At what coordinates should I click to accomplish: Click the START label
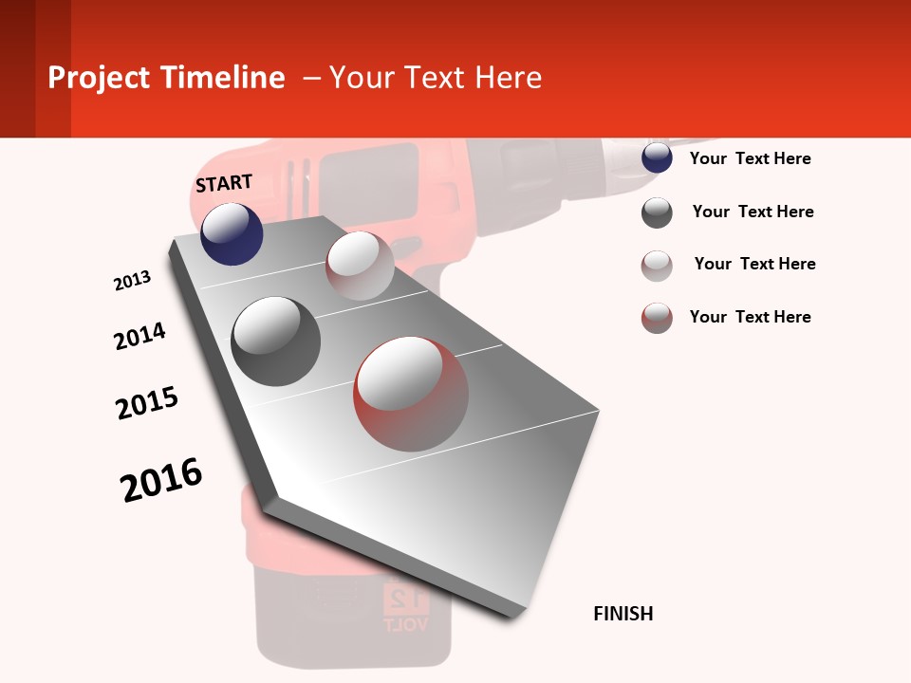[224, 183]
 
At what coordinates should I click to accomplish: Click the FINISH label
[623, 614]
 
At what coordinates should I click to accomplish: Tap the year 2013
[133, 281]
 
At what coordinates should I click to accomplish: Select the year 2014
[139, 336]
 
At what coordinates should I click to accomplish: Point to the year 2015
[147, 403]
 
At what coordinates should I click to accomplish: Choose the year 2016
[161, 480]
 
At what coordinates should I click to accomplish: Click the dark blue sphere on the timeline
[232, 233]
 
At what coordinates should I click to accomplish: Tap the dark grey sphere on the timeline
[276, 341]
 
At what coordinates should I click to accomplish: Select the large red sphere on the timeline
[411, 392]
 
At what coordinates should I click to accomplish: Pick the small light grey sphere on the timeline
[360, 266]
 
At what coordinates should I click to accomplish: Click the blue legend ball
[657, 158]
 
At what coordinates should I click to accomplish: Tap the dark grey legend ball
[657, 212]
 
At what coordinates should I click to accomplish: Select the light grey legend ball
[657, 266]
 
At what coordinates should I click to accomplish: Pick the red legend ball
[657, 318]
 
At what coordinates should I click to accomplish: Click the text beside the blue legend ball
[750, 158]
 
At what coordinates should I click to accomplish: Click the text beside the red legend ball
[750, 317]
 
